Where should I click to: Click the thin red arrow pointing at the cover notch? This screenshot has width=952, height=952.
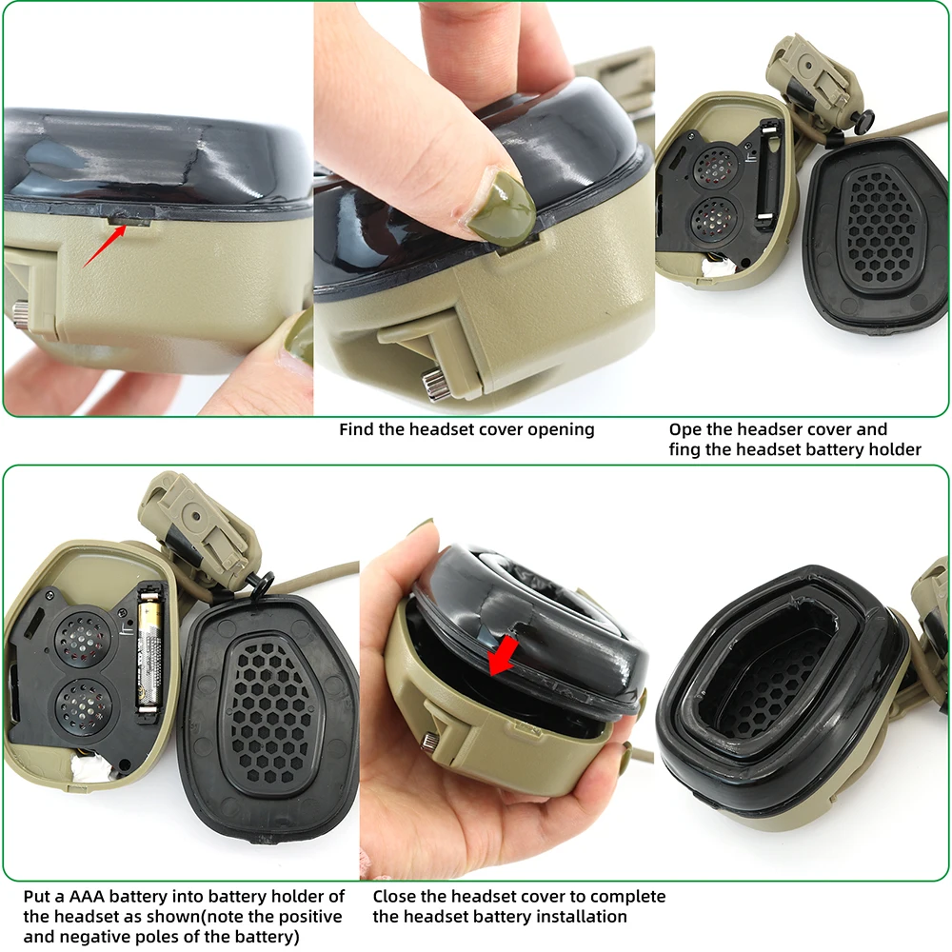tap(102, 244)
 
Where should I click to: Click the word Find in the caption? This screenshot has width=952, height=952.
tap(357, 429)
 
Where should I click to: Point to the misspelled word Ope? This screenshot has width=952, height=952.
tap(685, 429)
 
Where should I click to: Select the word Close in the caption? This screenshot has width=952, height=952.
tap(395, 897)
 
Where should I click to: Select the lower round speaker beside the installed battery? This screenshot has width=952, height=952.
tap(81, 705)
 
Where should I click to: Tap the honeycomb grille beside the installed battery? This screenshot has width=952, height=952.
tap(271, 704)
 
